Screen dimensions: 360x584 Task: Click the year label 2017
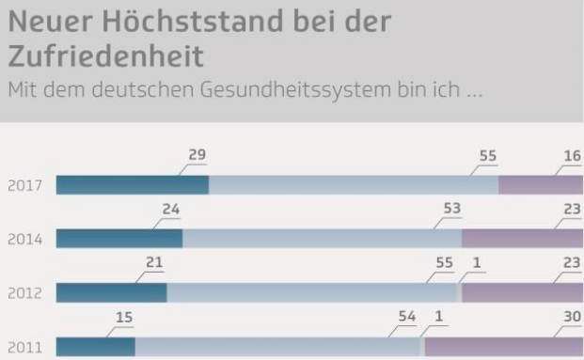coord(24,185)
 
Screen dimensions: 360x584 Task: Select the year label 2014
coord(24,239)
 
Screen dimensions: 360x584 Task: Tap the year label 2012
coord(24,293)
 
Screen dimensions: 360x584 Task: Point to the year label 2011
coord(24,347)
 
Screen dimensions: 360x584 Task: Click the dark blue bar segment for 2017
coord(132,184)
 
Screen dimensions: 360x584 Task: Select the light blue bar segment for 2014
coord(322,239)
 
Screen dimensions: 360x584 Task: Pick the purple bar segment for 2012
coord(522,292)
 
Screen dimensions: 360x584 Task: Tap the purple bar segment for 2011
coord(504,347)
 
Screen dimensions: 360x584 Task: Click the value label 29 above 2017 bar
coord(197,155)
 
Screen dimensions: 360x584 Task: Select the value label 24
coord(170,209)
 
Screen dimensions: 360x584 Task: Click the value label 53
coord(452,209)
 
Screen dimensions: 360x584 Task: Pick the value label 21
coord(154,263)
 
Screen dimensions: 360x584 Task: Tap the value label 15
coord(123,318)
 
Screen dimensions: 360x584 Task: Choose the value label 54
coord(407,318)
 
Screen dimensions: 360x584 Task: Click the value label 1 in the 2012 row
coord(478,263)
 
